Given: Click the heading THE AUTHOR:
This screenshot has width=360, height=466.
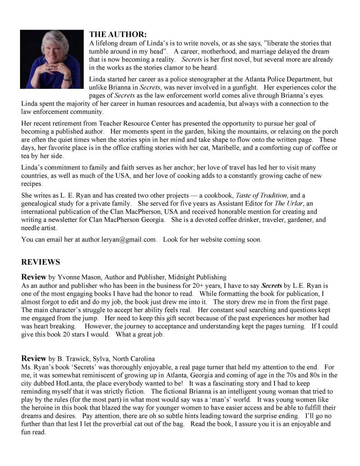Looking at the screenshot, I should click(x=118, y=34).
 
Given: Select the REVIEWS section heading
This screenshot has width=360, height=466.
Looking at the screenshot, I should click(x=41, y=262).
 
